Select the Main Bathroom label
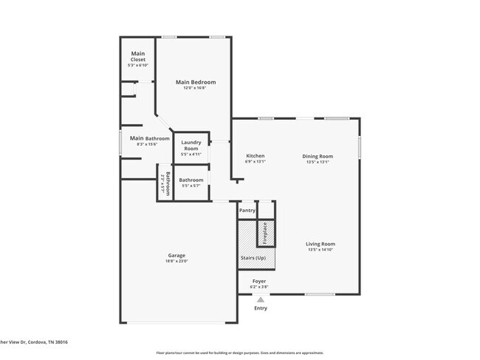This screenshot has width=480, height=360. click(149, 138)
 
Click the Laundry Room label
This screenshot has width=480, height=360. click(191, 146)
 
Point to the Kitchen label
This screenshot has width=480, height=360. click(255, 156)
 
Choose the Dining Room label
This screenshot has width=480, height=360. click(318, 156)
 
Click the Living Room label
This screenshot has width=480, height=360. click(321, 244)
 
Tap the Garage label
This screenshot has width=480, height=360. click(176, 256)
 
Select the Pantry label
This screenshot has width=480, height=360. click(247, 211)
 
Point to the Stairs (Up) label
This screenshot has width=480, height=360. click(253, 257)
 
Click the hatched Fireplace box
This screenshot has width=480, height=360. click(266, 232)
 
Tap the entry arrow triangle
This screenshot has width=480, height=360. click(260, 299)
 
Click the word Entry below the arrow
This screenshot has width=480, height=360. click(260, 308)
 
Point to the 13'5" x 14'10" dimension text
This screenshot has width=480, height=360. click(321, 250)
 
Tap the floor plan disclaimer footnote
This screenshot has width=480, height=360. click(239, 353)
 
